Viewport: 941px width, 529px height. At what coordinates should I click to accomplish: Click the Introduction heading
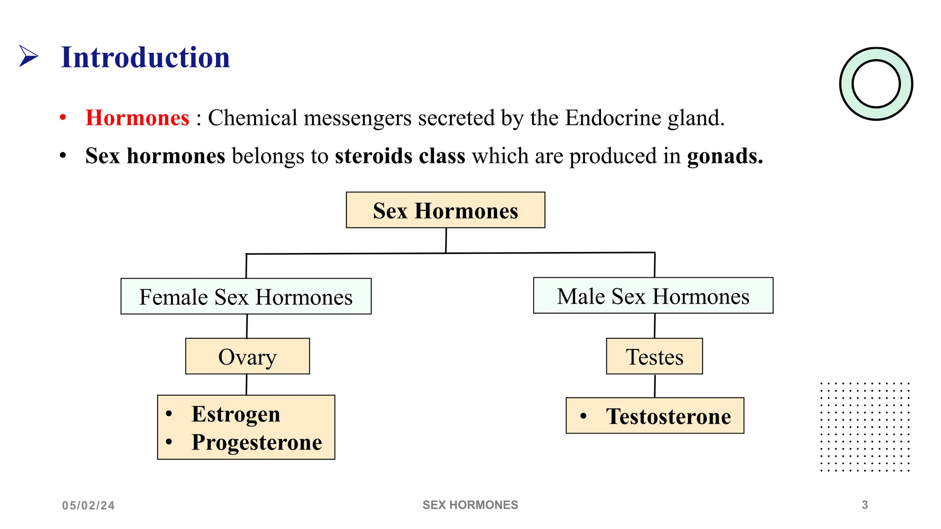145,57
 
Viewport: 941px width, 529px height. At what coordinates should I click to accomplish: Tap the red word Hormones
137,118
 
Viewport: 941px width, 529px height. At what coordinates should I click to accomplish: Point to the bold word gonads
725,156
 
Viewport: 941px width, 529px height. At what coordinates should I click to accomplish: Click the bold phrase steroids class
400,156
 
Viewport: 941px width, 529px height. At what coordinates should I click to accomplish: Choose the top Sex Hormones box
445,210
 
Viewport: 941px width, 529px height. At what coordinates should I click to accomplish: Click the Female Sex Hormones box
246,297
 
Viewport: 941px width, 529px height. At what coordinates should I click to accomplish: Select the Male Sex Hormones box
653,296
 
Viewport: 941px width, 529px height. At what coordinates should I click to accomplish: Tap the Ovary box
247,357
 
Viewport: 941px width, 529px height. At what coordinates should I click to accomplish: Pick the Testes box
654,357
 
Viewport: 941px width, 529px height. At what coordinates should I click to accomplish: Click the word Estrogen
236,414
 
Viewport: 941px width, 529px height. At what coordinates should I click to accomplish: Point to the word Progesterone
256,443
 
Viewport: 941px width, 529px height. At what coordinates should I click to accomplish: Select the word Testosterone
668,416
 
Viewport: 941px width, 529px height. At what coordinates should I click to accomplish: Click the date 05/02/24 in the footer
88,506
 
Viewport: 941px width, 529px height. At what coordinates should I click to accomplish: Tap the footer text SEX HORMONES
470,505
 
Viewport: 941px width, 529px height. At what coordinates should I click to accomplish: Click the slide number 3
865,505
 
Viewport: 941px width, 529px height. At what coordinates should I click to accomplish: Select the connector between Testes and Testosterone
655,386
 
